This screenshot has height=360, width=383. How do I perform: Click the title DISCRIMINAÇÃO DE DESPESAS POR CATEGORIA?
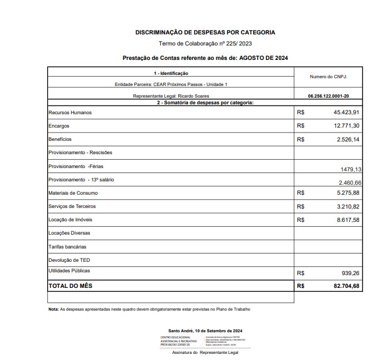(205, 33)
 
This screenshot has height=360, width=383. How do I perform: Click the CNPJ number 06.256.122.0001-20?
(328, 96)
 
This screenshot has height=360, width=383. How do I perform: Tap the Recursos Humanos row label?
(70, 113)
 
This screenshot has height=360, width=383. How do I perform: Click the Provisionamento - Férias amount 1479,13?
(350, 170)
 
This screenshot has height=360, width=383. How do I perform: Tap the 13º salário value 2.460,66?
(350, 182)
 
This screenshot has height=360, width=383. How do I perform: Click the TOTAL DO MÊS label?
(70, 286)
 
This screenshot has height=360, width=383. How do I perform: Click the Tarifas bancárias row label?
(68, 246)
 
